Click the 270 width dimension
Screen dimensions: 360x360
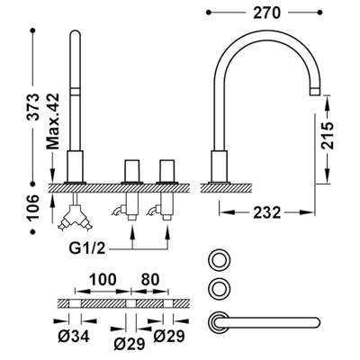click(266, 13)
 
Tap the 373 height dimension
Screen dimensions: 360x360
click(32, 107)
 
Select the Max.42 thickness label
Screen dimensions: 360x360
click(53, 121)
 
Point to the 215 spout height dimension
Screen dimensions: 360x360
click(327, 135)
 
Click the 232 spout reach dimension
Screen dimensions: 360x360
click(267, 212)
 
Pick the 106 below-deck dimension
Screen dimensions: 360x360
click(32, 207)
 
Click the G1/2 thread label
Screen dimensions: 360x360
click(87, 248)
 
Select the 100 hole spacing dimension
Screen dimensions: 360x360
click(103, 280)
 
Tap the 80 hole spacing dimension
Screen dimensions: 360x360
click(150, 280)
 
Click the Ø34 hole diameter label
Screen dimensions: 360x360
click(74, 337)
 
